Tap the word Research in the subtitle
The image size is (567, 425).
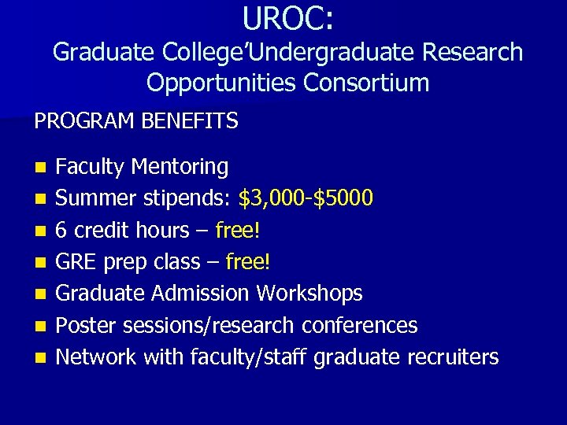click(470, 52)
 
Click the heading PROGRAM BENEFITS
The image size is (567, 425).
click(136, 121)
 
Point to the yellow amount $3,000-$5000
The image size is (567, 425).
click(306, 198)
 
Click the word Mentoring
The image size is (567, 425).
click(180, 168)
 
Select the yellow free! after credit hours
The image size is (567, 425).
click(241, 231)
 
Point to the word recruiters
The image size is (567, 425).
click(453, 357)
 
